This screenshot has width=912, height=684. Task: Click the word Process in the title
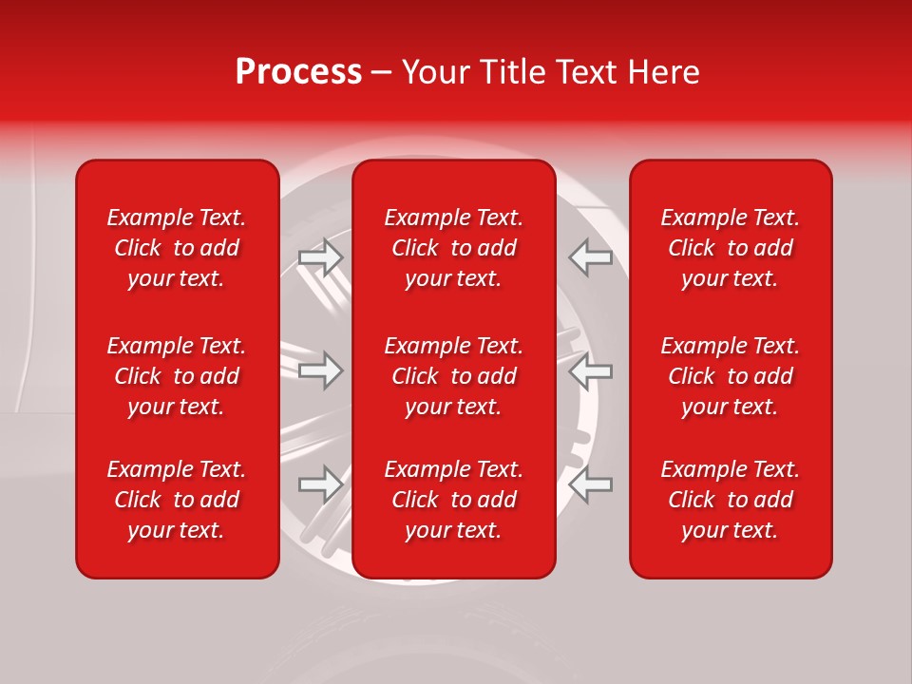point(298,72)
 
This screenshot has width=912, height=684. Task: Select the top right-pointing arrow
point(321,257)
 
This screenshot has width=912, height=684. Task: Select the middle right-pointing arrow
point(321,370)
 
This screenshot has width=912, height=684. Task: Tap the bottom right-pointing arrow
point(321,484)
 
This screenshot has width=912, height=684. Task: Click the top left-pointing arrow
point(590,257)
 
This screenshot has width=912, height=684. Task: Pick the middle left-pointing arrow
point(590,370)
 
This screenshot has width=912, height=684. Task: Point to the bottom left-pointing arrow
point(590,484)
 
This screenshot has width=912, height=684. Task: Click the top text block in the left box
point(177,248)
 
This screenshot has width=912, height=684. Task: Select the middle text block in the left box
point(177,376)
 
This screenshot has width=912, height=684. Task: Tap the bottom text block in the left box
point(177,500)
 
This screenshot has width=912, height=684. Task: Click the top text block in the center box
point(453,248)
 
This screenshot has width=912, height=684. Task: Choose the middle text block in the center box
point(453,376)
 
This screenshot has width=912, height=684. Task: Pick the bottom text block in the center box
point(453,500)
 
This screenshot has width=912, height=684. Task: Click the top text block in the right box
point(730,248)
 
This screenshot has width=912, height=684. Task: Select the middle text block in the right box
point(730,376)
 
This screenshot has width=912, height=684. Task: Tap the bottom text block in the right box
point(730,500)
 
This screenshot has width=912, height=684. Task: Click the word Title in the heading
point(511,72)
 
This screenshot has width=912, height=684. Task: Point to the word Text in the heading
point(586,72)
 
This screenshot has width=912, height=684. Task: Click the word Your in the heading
point(436,72)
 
